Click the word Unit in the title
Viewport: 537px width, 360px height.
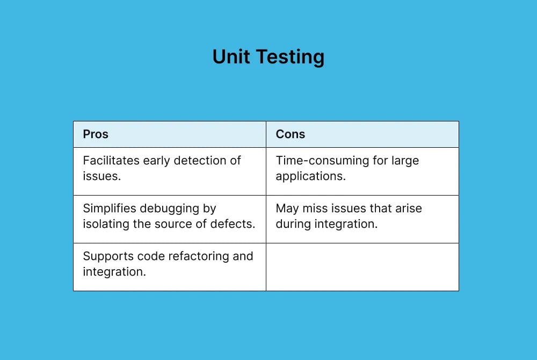pos(231,57)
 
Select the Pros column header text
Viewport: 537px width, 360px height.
pos(96,134)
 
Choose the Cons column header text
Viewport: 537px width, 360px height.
pos(291,134)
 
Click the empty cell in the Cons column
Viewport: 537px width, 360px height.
pos(362,267)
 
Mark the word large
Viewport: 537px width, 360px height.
pos(405,161)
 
